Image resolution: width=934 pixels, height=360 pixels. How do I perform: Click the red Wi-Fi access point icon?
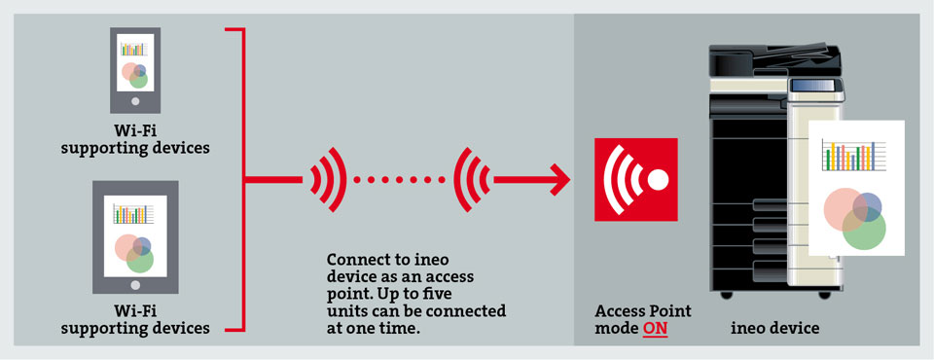click(635, 179)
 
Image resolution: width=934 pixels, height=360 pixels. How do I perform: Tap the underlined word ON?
click(655, 329)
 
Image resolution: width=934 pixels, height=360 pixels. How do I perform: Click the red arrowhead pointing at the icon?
click(557, 179)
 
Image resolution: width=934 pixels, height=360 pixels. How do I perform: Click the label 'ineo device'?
click(775, 329)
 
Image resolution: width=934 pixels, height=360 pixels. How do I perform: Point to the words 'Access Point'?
click(643, 311)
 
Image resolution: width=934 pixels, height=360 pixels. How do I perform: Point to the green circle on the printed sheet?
click(864, 229)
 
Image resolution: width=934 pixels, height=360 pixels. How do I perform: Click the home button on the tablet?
click(135, 284)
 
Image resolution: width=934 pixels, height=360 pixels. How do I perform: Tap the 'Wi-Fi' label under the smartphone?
click(135, 130)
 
